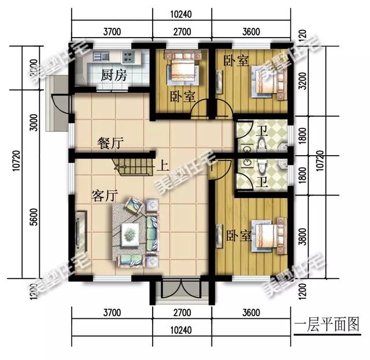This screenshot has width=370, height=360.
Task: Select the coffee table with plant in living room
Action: (x=131, y=234)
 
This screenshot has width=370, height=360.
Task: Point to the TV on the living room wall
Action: (x=78, y=233)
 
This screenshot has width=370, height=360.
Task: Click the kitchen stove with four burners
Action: (x=129, y=57)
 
